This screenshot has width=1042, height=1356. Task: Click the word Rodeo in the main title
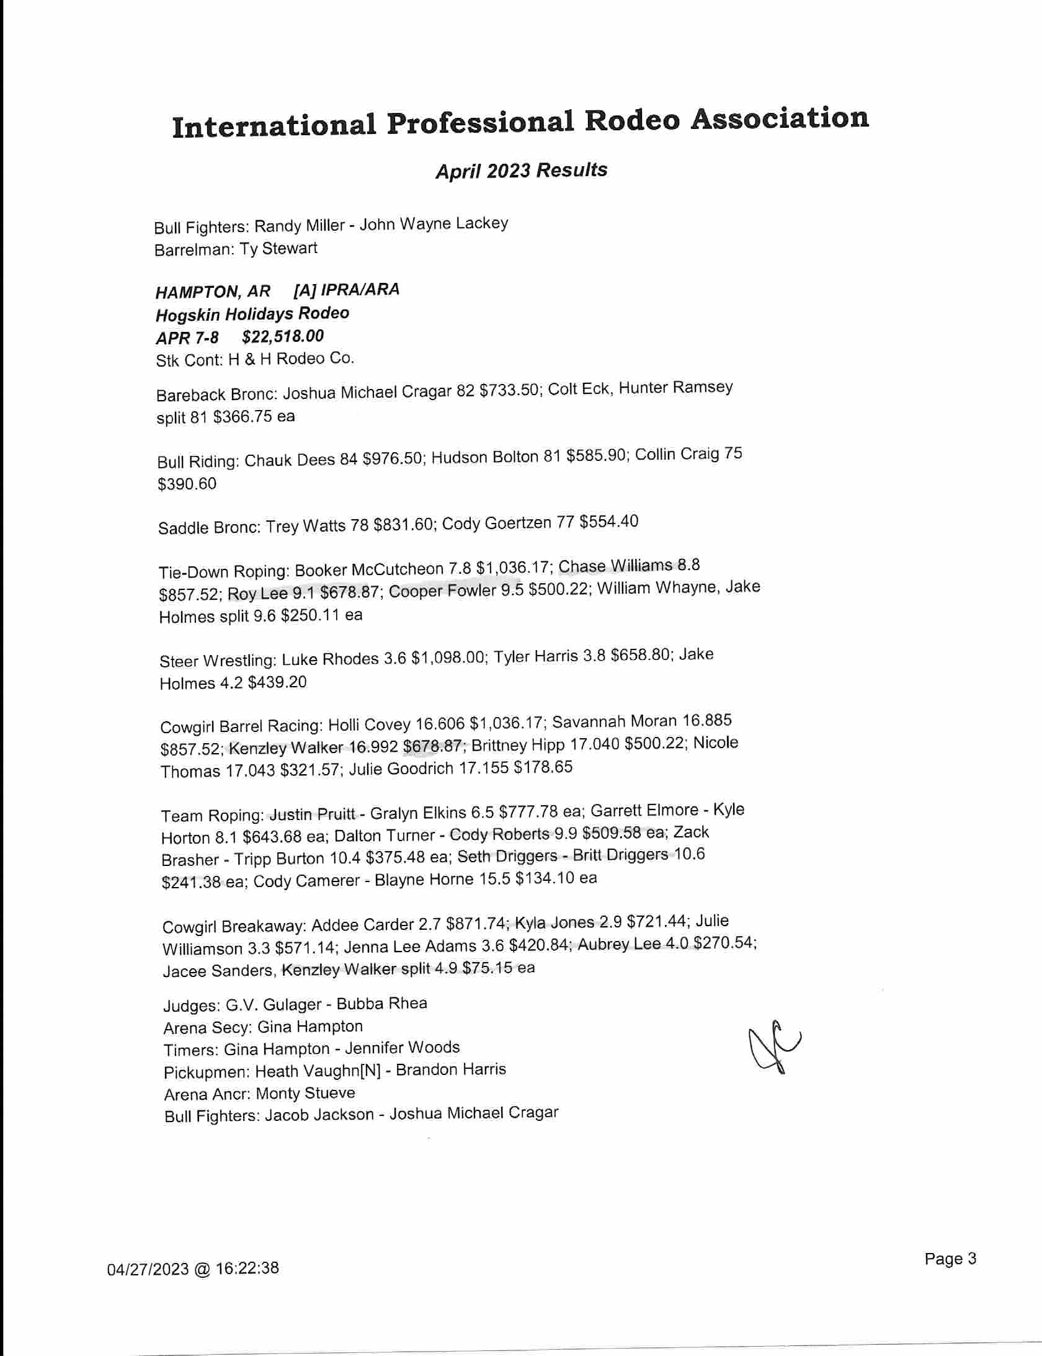632,120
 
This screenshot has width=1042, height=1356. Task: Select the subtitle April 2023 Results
521,170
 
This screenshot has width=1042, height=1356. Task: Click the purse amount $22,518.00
283,336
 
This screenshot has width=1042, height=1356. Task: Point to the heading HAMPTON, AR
213,291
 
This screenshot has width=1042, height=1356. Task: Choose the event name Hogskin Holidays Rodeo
252,314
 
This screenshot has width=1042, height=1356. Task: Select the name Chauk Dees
290,460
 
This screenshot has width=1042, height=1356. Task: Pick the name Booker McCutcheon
369,569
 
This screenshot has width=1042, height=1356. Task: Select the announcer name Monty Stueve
305,1093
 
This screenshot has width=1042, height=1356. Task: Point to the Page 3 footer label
950,1259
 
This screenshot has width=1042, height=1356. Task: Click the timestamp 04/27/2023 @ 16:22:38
193,1268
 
